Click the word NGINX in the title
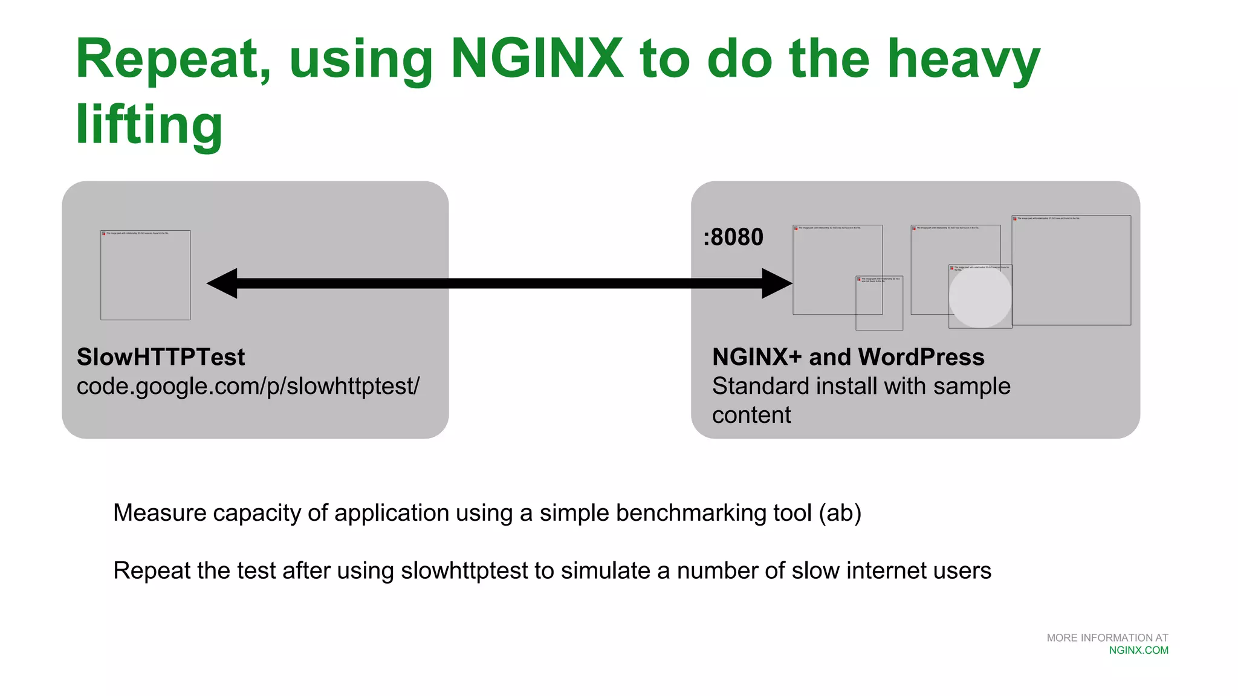pyautogui.click(x=537, y=59)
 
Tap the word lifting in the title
pyautogui.click(x=149, y=124)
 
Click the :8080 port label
pyautogui.click(x=733, y=237)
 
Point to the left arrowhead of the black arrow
pyautogui.click(x=222, y=283)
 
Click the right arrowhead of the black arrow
pyautogui.click(x=777, y=283)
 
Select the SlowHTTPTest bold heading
pyautogui.click(x=161, y=357)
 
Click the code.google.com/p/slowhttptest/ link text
pyautogui.click(x=248, y=386)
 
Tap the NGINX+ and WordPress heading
pyautogui.click(x=848, y=357)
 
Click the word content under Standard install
pyautogui.click(x=751, y=415)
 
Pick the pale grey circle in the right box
pyautogui.click(x=980, y=297)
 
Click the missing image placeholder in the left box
pyautogui.click(x=145, y=275)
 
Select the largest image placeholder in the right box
pyautogui.click(x=1071, y=270)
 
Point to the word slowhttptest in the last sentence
pyautogui.click(x=464, y=571)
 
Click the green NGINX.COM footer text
pyautogui.click(x=1138, y=651)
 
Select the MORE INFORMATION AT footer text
pyautogui.click(x=1107, y=638)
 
